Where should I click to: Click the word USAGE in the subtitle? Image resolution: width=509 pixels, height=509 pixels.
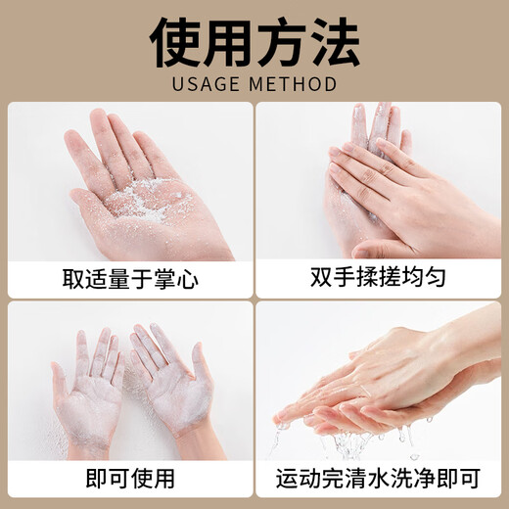[x=205, y=82]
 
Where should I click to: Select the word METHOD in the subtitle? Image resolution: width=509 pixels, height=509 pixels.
[x=297, y=82]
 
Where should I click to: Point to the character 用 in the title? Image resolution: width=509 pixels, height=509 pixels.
[x=230, y=40]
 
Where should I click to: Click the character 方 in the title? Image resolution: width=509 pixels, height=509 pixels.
[x=279, y=40]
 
